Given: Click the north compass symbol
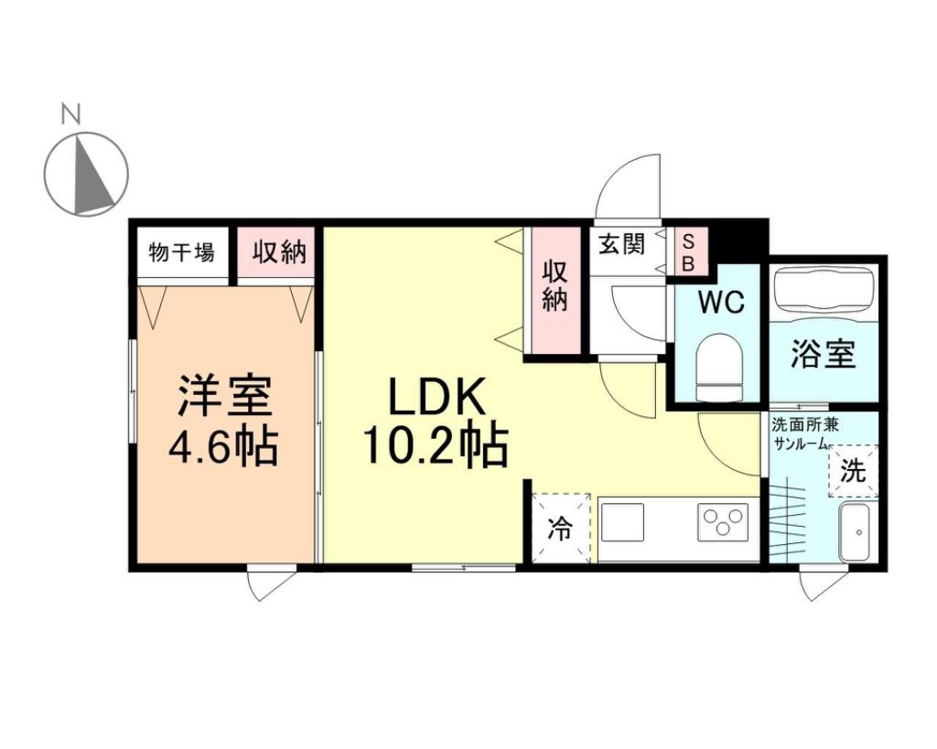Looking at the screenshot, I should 86,174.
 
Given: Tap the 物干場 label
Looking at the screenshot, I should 181,252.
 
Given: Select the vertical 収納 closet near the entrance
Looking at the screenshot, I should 555,286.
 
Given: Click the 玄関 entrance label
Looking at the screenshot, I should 621,244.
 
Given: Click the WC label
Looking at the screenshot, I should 721,303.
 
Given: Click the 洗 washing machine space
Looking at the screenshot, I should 853,472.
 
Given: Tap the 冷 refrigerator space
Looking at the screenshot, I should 559,528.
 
